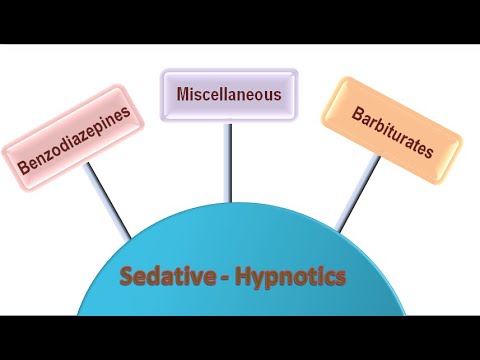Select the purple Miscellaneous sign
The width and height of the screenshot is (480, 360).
[229, 96]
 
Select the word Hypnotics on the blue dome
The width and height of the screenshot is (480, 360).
[293, 277]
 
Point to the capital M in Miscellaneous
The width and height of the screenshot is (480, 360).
[183, 96]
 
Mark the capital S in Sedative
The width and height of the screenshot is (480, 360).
[126, 277]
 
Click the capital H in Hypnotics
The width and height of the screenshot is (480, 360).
[243, 277]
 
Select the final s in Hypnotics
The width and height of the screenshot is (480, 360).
[341, 278]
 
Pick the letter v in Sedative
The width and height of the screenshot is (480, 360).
[193, 278]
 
